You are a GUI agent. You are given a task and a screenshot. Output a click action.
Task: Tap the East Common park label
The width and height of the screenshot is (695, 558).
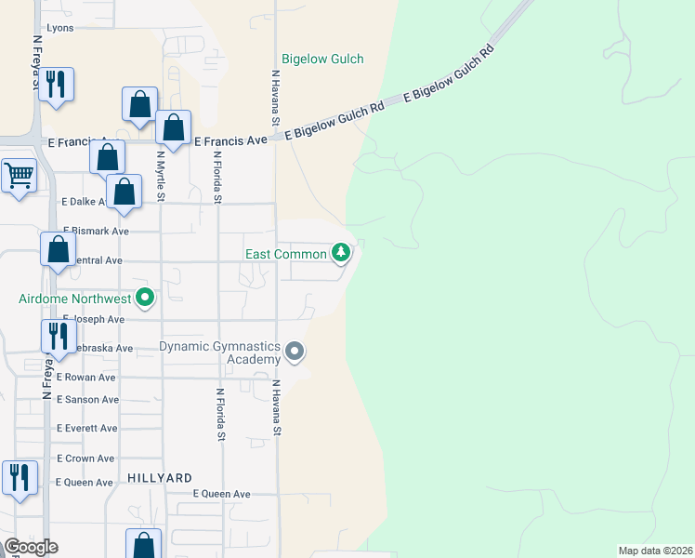tap(285, 254)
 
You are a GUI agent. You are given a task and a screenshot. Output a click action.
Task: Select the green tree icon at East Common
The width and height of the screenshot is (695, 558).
tap(342, 252)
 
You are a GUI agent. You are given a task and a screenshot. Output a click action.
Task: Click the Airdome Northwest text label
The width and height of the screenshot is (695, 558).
tap(74, 299)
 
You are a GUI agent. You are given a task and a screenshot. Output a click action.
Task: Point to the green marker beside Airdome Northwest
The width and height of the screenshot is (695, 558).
tap(145, 299)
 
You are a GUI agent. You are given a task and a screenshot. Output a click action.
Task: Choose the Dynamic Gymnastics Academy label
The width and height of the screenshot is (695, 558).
tap(219, 352)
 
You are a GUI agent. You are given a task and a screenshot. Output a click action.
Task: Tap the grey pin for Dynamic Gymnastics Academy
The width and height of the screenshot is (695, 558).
tap(295, 352)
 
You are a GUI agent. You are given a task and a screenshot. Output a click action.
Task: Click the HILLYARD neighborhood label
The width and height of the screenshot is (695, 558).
tap(161, 477)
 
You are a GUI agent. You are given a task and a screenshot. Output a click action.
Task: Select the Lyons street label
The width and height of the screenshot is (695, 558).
tap(59, 28)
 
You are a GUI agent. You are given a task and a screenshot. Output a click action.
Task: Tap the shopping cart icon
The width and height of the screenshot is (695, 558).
tap(19, 174)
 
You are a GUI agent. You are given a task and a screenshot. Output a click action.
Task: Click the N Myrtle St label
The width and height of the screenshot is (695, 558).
tap(160, 177)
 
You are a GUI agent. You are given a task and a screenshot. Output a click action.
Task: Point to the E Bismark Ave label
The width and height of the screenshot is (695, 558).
tap(96, 230)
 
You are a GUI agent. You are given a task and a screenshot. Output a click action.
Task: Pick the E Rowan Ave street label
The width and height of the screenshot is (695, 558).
tap(85, 378)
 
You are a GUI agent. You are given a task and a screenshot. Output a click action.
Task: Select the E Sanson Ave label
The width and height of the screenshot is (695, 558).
tap(87, 400)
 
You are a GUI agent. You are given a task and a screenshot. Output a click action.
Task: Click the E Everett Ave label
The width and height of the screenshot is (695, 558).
tap(86, 429)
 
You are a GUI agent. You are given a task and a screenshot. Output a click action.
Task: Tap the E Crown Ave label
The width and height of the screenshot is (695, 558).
tap(85, 458)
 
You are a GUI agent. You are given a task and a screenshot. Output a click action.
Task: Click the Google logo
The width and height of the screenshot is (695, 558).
tap(31, 547)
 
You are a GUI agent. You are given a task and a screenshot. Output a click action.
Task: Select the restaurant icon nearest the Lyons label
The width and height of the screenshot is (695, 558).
tap(58, 84)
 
